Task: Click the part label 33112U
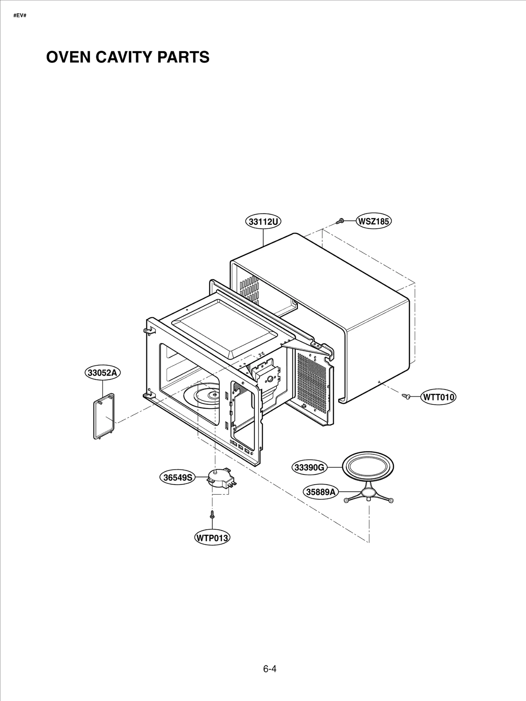263,222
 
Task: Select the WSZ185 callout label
374,221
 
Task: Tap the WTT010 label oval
439,397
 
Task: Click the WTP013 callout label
212,538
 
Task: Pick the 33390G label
309,467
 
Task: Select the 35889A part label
321,492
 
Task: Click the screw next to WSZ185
340,222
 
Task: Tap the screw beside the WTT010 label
406,397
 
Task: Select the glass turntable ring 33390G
368,466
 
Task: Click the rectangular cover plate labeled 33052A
104,416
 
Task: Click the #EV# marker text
20,15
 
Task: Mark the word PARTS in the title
183,57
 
